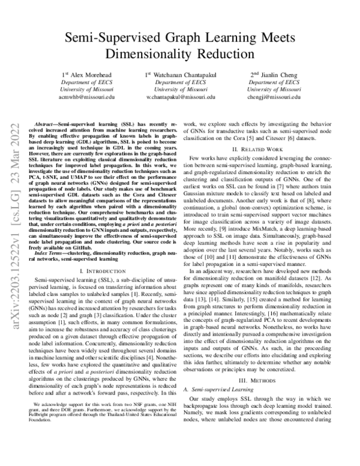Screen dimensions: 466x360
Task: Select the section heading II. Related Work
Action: point(265,148)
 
